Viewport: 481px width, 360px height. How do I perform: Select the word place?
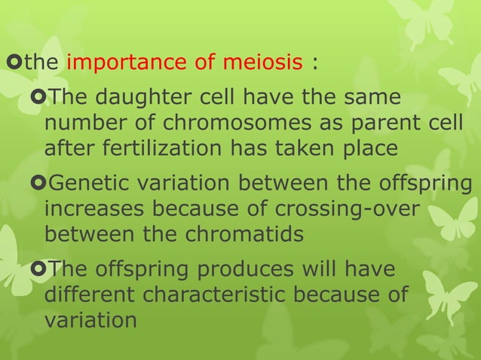pyautogui.click(x=368, y=150)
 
